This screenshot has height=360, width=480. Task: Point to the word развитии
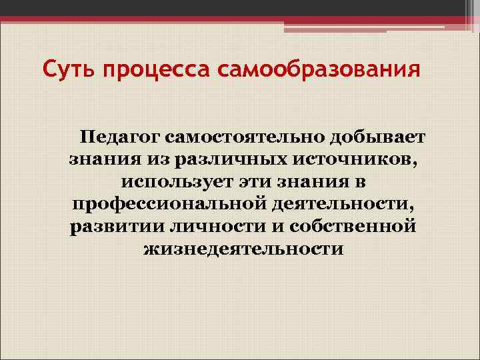tap(109, 226)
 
